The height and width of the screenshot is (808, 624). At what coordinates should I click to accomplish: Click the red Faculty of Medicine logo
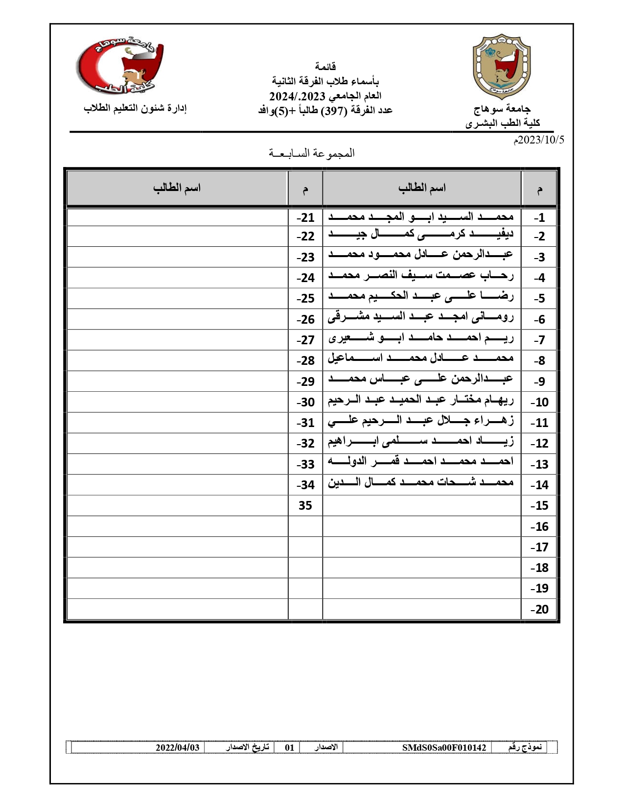click(x=120, y=66)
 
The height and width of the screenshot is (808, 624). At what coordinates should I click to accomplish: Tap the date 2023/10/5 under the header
click(x=538, y=140)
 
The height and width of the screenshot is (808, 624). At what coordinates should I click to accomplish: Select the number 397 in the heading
click(x=334, y=110)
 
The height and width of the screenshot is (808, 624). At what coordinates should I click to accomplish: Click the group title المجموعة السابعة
click(x=312, y=153)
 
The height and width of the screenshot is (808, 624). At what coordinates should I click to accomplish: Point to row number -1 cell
click(x=539, y=217)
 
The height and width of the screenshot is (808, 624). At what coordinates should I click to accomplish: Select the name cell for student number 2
click(x=421, y=236)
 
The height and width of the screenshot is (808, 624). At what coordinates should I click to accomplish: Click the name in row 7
click(x=421, y=339)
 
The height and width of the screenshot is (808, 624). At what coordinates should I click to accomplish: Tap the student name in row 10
click(x=421, y=401)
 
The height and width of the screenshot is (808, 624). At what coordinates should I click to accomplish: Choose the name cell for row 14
click(x=421, y=484)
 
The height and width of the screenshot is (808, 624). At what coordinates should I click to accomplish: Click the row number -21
click(x=305, y=217)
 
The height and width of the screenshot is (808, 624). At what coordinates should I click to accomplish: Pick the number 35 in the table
click(x=305, y=505)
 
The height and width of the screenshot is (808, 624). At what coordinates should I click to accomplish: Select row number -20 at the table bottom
click(x=539, y=609)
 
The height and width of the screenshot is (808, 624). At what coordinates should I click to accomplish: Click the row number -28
click(x=305, y=360)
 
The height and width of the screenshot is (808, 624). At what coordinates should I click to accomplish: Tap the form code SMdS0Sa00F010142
click(x=444, y=747)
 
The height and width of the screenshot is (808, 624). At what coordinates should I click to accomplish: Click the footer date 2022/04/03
click(x=178, y=747)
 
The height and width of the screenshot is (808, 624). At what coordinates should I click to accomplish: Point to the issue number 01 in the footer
click(x=290, y=747)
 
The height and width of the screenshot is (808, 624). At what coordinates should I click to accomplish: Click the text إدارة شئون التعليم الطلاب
click(x=135, y=108)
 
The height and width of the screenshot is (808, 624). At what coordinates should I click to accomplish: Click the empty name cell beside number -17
click(x=421, y=547)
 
